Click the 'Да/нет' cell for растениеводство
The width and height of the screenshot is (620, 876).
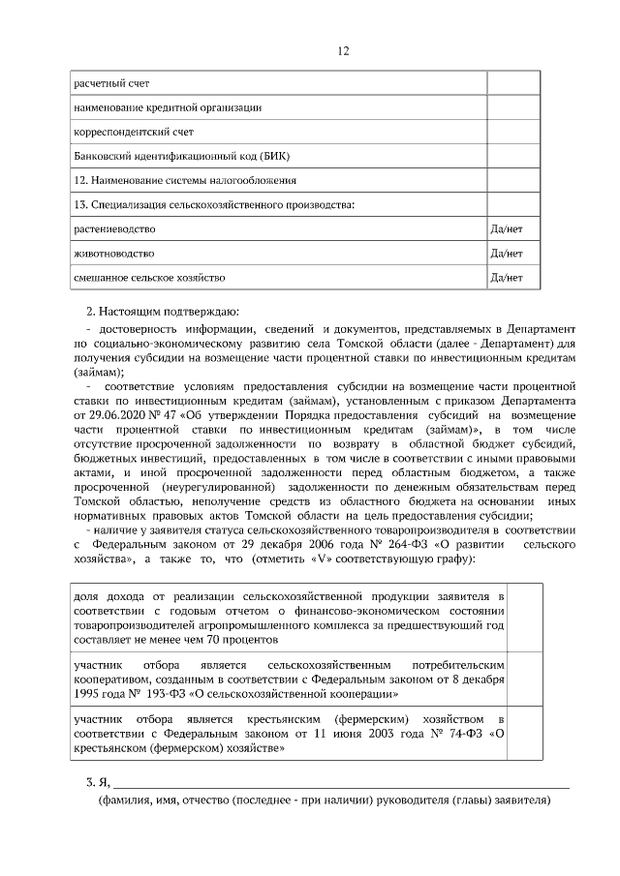pos(508,229)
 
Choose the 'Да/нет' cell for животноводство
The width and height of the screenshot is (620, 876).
pos(508,254)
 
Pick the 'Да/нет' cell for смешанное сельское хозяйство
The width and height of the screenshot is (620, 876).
pos(508,278)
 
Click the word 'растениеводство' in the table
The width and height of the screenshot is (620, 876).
pos(114,229)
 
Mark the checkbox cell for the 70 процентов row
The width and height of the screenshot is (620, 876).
pos(526,618)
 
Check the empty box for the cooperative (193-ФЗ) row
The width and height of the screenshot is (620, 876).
pos(526,680)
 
